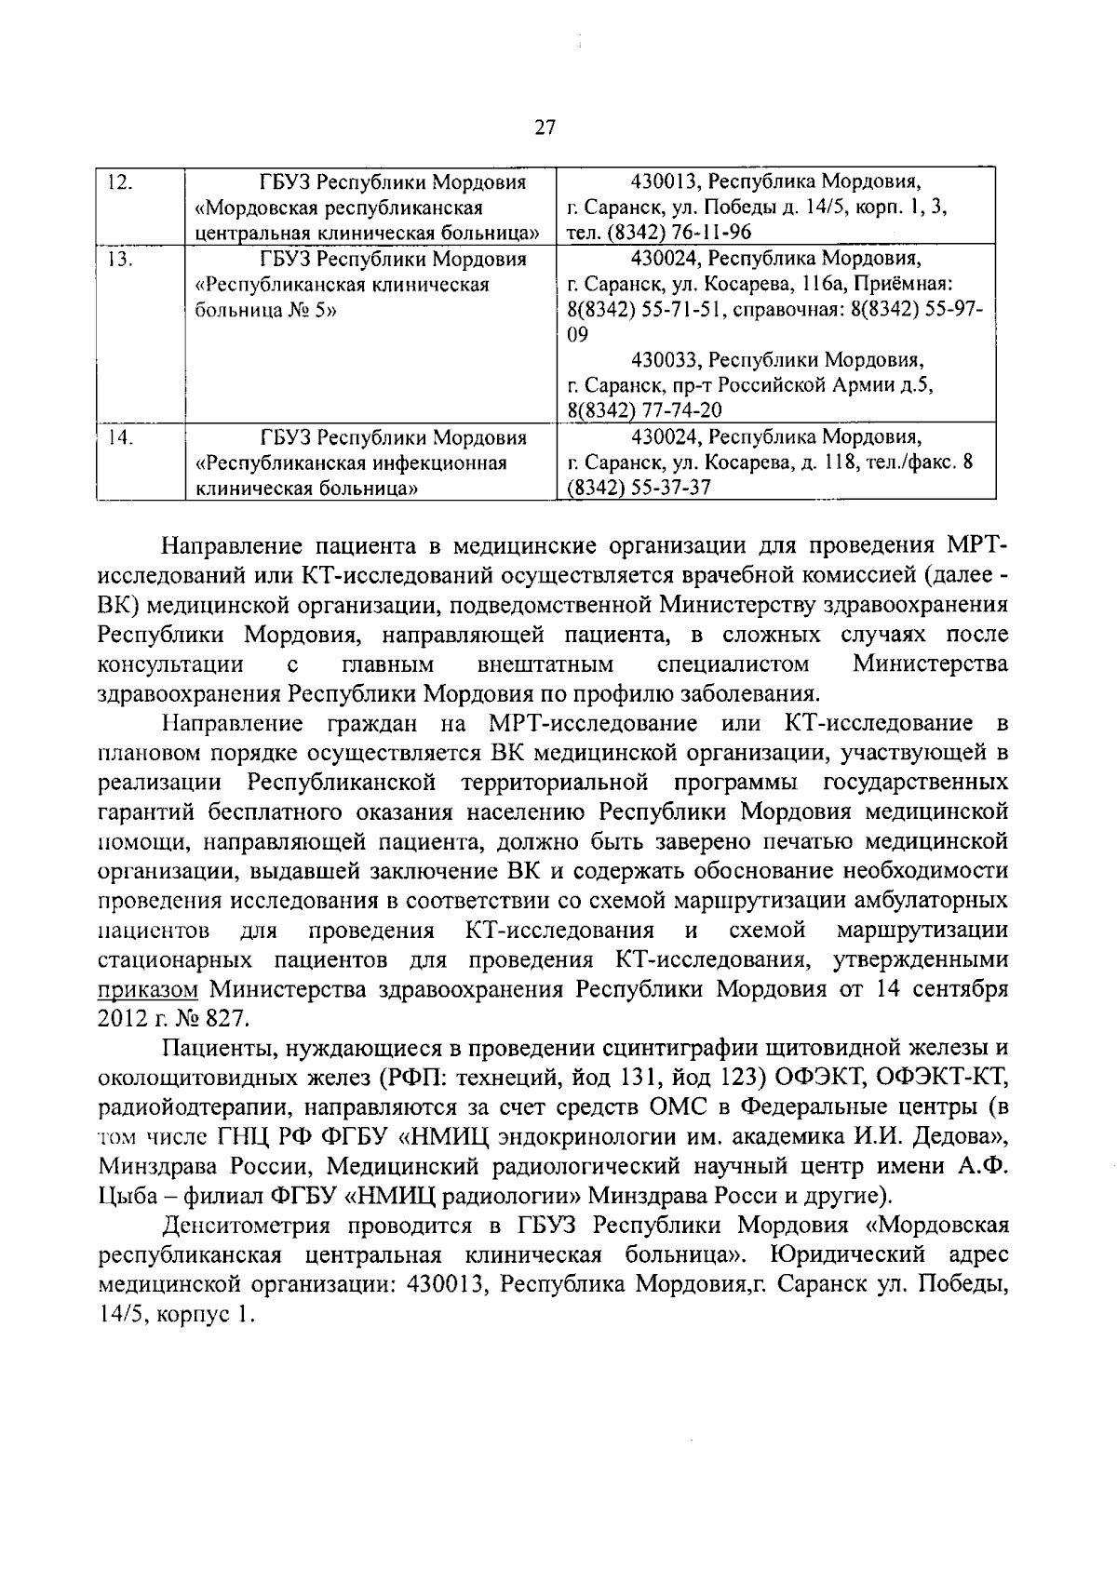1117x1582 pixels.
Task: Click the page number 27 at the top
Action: point(545,128)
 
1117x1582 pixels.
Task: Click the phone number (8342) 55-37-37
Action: point(639,488)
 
